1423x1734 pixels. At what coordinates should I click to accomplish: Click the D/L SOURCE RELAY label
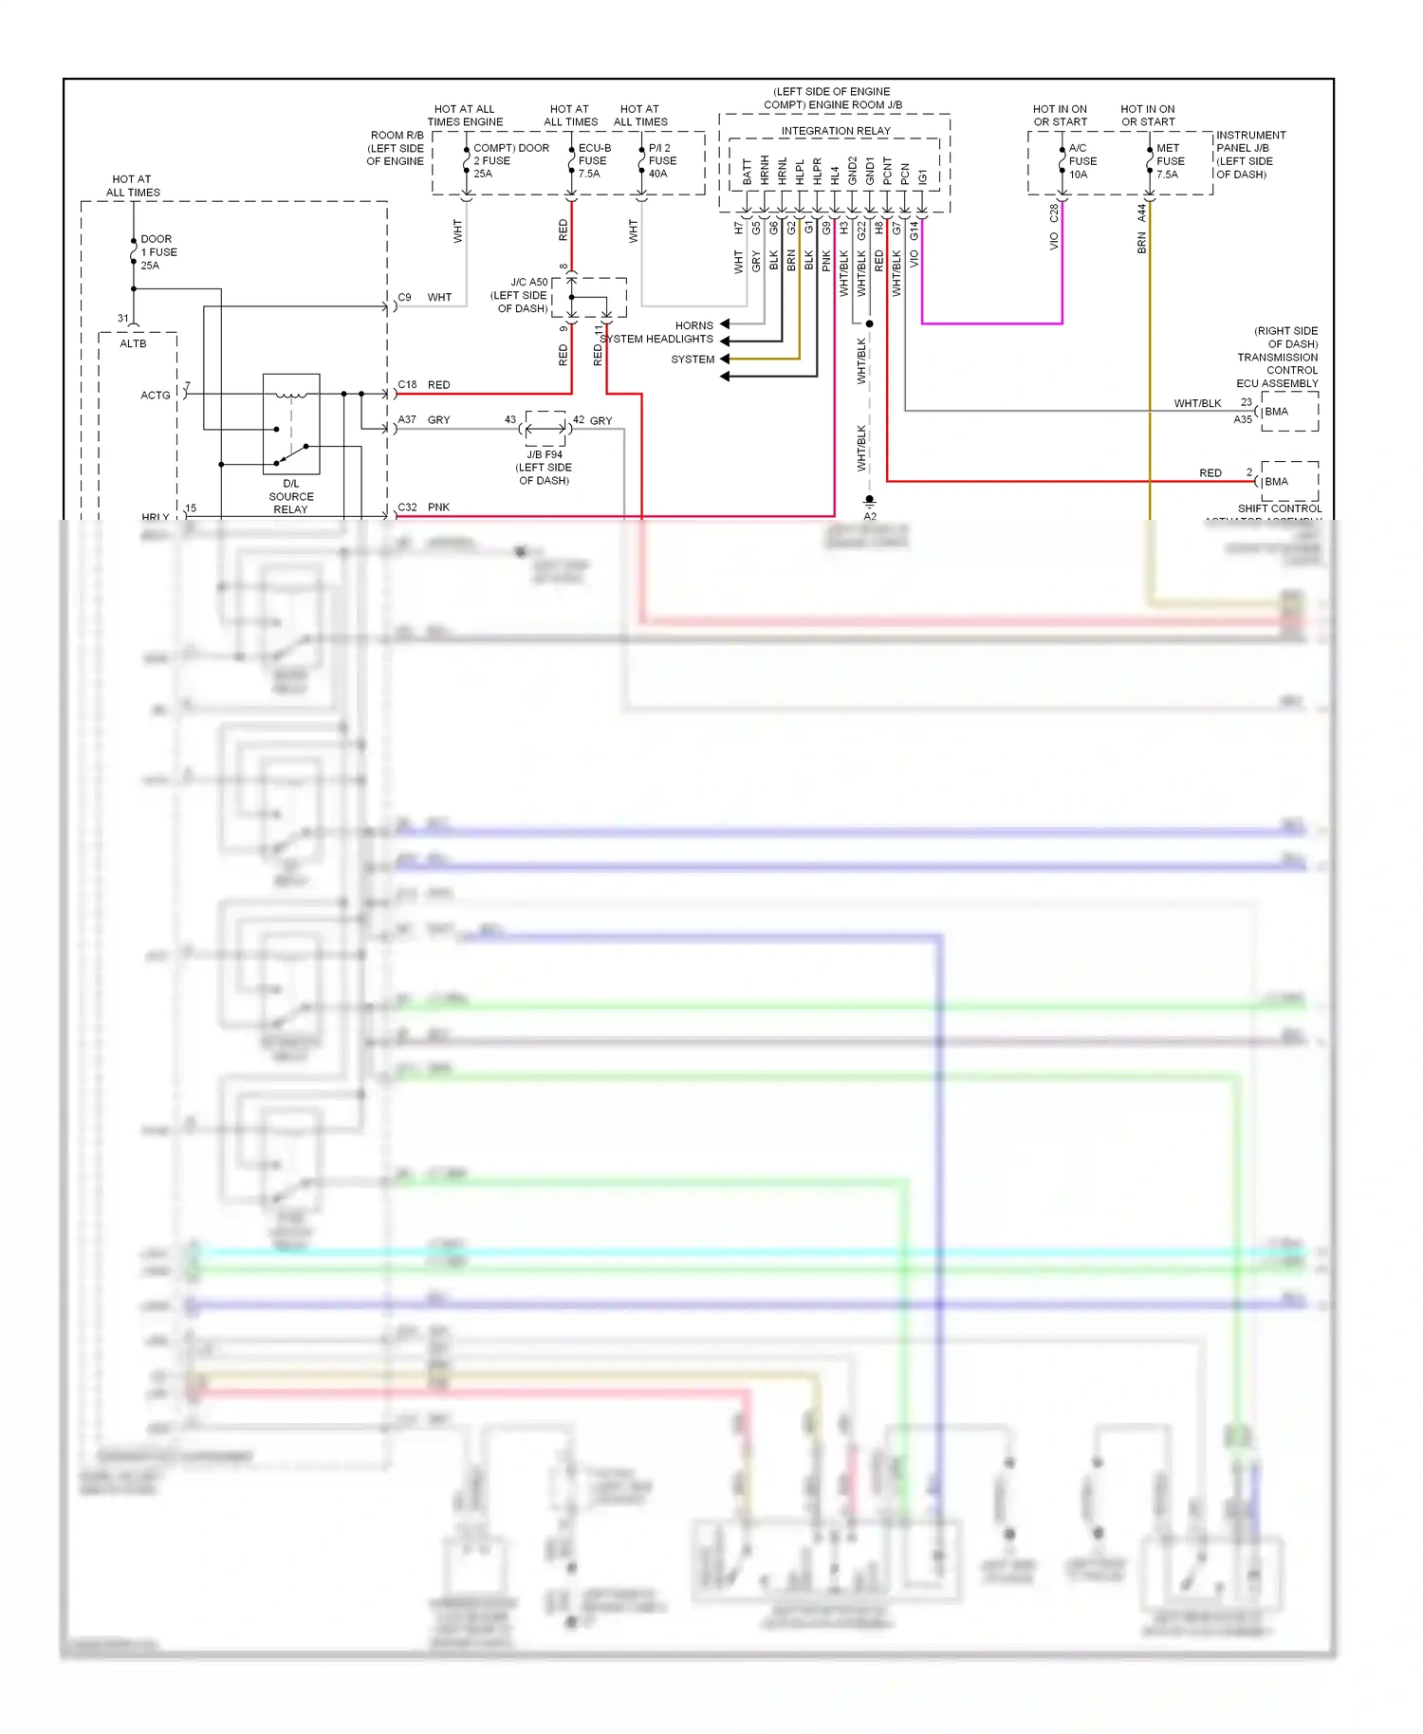click(290, 496)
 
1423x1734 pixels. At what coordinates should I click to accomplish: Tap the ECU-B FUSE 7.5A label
click(594, 160)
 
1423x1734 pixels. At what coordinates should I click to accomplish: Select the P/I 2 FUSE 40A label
click(662, 160)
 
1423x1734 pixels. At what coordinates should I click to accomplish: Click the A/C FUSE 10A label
click(1082, 160)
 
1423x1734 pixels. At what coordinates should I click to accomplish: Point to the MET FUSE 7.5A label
click(1170, 160)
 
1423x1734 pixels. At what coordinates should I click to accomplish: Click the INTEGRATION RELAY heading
click(835, 131)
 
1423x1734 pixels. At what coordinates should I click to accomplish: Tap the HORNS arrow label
click(693, 325)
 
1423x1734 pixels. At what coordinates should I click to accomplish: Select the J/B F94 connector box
click(545, 429)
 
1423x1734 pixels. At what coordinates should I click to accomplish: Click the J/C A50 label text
click(528, 283)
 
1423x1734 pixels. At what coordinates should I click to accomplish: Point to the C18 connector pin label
click(407, 384)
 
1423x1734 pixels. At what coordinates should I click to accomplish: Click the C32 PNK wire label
click(423, 507)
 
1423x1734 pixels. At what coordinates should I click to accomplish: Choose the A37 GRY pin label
click(423, 419)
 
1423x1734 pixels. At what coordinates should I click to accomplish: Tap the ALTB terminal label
click(133, 343)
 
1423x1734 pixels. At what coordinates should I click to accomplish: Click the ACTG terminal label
click(156, 395)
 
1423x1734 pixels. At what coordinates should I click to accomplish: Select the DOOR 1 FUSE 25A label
click(158, 252)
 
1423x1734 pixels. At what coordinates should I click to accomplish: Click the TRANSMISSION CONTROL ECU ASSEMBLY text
click(1278, 364)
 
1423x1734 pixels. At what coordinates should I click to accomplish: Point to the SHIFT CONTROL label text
click(1279, 508)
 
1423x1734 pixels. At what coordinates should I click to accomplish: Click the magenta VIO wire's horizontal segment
click(991, 323)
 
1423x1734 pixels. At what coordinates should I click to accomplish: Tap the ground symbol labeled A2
click(869, 500)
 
